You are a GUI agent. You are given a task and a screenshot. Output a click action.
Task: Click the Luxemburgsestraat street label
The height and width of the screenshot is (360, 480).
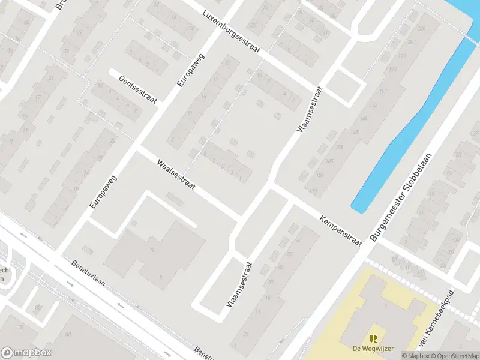click(231, 31)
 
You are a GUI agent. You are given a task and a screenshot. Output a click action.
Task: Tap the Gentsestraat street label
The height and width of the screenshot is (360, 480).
click(137, 89)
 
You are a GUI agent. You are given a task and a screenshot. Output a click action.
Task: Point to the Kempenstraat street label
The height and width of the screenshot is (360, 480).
click(341, 230)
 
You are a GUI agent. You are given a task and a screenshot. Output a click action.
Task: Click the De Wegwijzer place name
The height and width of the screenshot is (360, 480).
click(373, 348)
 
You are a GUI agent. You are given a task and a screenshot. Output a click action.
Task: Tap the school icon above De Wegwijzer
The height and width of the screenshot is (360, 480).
click(373, 338)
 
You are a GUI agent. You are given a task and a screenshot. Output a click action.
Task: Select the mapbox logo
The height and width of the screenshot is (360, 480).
click(26, 353)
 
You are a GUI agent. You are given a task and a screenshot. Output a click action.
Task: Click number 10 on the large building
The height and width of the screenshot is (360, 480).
click(152, 249)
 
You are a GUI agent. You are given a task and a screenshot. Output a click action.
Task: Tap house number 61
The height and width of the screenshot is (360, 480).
click(298, 240)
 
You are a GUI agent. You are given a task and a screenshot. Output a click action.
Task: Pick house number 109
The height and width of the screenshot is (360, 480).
click(339, 148)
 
